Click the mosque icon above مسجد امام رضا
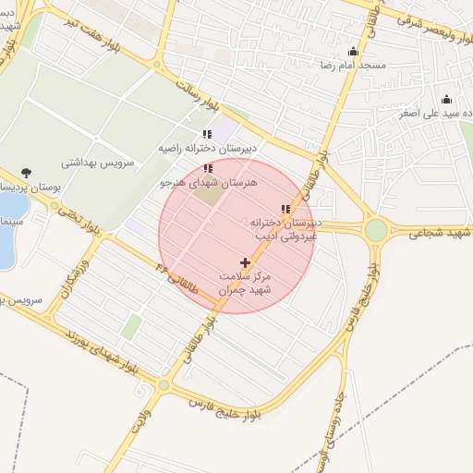tap(353, 52)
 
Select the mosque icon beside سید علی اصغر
tap(447, 100)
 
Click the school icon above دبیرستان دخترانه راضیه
tap(207, 134)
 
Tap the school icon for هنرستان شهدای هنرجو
tap(207, 168)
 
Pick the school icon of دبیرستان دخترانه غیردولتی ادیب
tap(285, 210)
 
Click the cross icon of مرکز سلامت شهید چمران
tap(245, 263)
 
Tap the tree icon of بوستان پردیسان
tap(25, 173)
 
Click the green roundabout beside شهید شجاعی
tap(376, 229)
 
